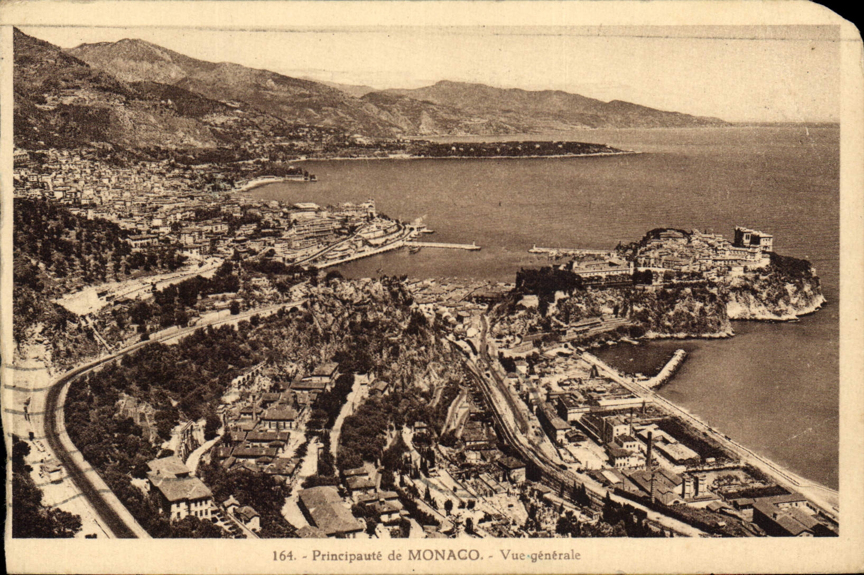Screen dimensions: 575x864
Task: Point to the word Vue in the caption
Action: click(512, 555)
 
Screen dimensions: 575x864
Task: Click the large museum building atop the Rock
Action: click(752, 239)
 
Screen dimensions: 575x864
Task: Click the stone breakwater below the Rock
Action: click(667, 369)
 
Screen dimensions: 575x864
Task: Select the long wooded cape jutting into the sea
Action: click(518, 149)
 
